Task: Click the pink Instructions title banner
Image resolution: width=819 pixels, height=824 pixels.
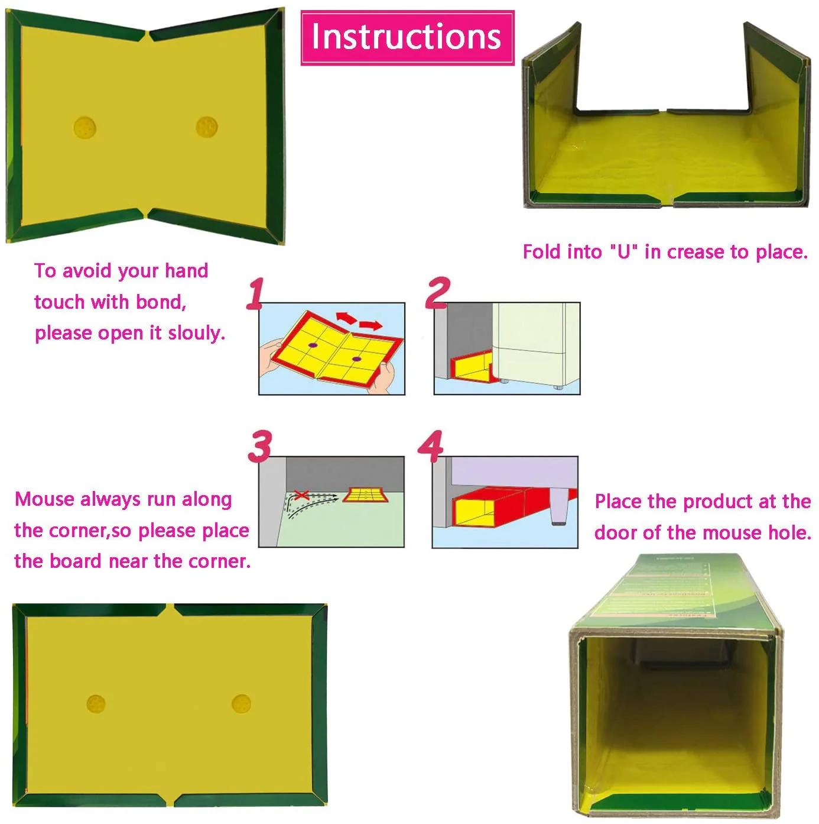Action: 407,38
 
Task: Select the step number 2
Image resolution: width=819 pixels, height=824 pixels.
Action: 437,292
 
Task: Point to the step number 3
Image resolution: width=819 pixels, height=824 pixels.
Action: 260,446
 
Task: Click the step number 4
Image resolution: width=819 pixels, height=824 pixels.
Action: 431,445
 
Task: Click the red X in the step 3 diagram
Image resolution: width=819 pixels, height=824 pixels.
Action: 301,495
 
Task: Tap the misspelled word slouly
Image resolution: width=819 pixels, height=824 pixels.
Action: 196,332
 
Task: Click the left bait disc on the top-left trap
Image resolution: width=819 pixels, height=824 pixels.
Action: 84,127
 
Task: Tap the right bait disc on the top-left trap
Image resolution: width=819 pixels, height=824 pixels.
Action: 207,127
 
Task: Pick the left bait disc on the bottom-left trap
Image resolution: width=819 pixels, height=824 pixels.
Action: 96,703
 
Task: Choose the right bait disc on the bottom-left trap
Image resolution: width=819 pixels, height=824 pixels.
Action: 241,703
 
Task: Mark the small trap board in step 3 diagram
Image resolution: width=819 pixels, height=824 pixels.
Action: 366,495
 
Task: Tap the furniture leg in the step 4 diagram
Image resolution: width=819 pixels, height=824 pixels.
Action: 556,507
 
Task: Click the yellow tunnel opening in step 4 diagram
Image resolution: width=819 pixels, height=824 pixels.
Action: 473,512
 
